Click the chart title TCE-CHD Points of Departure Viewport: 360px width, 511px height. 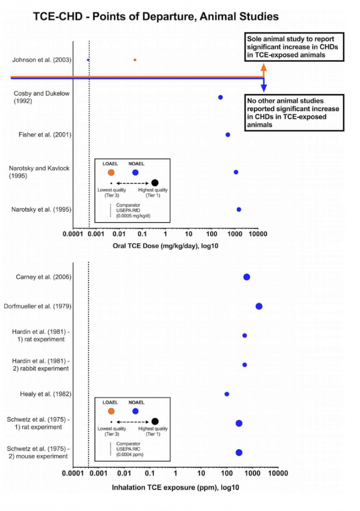point(155,16)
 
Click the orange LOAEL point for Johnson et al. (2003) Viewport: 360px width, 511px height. point(135,60)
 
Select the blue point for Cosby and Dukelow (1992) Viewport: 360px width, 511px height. point(220,97)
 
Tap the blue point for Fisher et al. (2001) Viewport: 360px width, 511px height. point(228,135)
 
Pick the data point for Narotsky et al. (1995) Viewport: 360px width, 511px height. point(239,210)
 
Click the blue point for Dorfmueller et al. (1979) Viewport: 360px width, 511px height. point(259,306)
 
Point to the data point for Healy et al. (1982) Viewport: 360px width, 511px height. point(227,394)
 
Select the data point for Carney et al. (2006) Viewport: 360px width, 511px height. point(247,277)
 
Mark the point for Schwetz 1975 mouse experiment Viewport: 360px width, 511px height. point(239,453)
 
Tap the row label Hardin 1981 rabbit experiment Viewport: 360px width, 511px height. point(40,365)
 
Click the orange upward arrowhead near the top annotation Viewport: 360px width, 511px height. point(264,68)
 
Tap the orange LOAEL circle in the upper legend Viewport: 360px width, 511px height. point(111,172)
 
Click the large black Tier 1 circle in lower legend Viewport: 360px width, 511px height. point(155,422)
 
